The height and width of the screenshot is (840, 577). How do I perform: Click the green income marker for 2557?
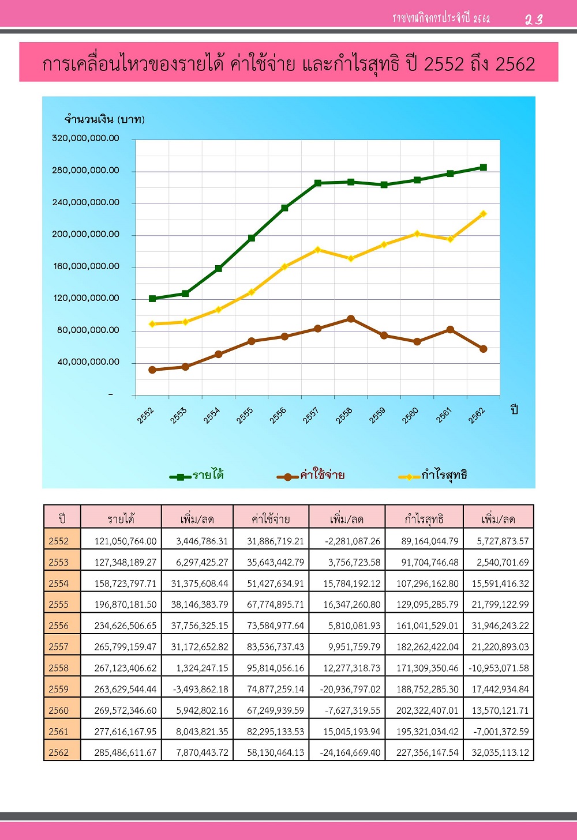click(x=317, y=183)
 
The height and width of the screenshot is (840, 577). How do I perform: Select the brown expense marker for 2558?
click(x=351, y=319)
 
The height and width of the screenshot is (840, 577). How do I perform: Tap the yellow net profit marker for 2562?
click(x=483, y=214)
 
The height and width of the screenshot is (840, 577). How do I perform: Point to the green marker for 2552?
click(x=152, y=299)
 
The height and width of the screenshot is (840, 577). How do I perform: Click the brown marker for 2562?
click(x=483, y=349)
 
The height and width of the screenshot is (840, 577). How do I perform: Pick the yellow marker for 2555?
click(x=252, y=292)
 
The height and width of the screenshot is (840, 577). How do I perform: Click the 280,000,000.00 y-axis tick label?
click(x=85, y=170)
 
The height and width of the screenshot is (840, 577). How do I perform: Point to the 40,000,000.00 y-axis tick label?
click(x=88, y=362)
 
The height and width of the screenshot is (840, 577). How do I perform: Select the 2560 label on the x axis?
click(x=410, y=416)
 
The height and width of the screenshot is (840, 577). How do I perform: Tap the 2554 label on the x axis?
click(x=211, y=416)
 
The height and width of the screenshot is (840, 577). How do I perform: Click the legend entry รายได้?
click(x=197, y=476)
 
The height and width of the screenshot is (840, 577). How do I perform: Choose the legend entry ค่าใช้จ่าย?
click(x=310, y=476)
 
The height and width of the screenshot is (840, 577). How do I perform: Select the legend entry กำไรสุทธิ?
click(x=433, y=476)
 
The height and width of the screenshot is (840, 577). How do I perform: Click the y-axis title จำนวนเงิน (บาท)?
click(x=104, y=119)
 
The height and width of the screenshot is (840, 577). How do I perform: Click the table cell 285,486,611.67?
click(x=125, y=752)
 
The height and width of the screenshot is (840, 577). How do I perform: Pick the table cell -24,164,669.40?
click(x=350, y=752)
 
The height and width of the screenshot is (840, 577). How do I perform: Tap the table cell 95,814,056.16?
click(x=276, y=668)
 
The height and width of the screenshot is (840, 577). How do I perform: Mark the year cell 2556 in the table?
click(x=58, y=626)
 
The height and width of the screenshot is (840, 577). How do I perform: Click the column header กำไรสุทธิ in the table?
click(x=424, y=519)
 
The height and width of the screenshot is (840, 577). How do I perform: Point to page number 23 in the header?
click(x=534, y=19)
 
